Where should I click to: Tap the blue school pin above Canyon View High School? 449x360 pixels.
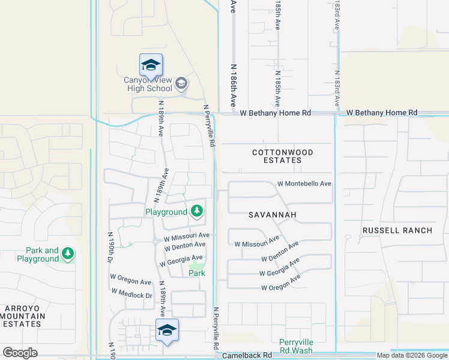(151, 65)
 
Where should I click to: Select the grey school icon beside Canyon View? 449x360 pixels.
(181, 85)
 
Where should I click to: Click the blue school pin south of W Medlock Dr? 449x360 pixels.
(167, 331)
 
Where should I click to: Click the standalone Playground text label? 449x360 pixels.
(166, 212)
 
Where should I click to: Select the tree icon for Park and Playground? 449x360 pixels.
(68, 254)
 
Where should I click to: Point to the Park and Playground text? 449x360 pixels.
(42, 255)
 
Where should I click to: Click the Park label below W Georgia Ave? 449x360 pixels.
(197, 273)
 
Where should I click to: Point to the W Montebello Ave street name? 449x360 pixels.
(304, 184)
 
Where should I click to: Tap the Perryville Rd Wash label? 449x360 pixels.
(296, 346)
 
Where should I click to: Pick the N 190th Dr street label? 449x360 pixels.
(110, 247)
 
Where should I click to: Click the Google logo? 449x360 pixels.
(20, 352)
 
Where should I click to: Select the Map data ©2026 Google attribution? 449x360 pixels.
(412, 355)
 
